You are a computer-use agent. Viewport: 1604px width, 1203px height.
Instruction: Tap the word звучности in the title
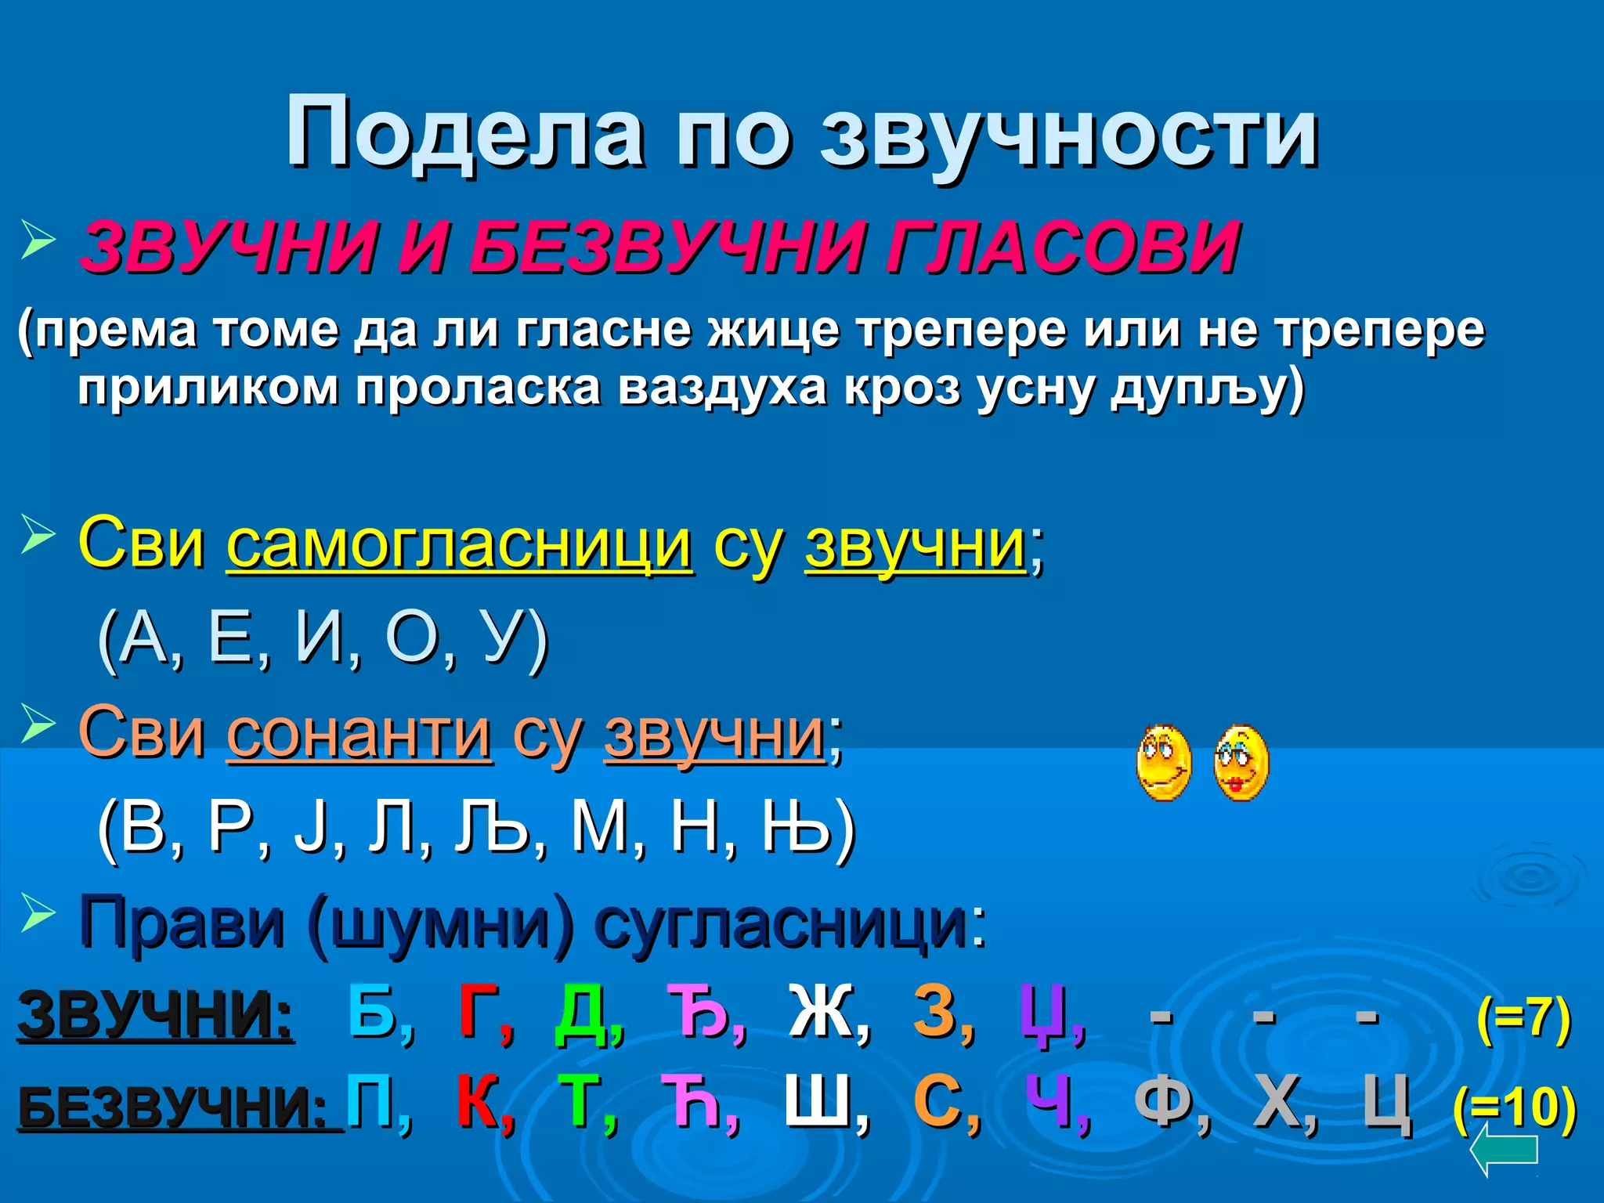[x=1068, y=135]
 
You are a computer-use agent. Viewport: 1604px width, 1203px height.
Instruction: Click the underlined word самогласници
[x=460, y=545]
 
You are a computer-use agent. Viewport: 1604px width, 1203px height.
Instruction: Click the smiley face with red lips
[x=1241, y=762]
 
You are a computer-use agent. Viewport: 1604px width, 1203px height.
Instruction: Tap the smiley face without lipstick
[x=1164, y=762]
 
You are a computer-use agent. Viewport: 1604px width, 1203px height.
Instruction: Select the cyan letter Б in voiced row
[x=373, y=1011]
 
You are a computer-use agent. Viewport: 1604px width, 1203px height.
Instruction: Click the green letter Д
[x=581, y=1013]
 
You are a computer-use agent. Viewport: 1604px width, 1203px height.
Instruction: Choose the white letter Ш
[x=818, y=1103]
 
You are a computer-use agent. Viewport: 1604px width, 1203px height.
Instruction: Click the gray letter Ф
[x=1163, y=1103]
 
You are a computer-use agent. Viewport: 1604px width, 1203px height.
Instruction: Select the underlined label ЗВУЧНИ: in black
[x=156, y=1014]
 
